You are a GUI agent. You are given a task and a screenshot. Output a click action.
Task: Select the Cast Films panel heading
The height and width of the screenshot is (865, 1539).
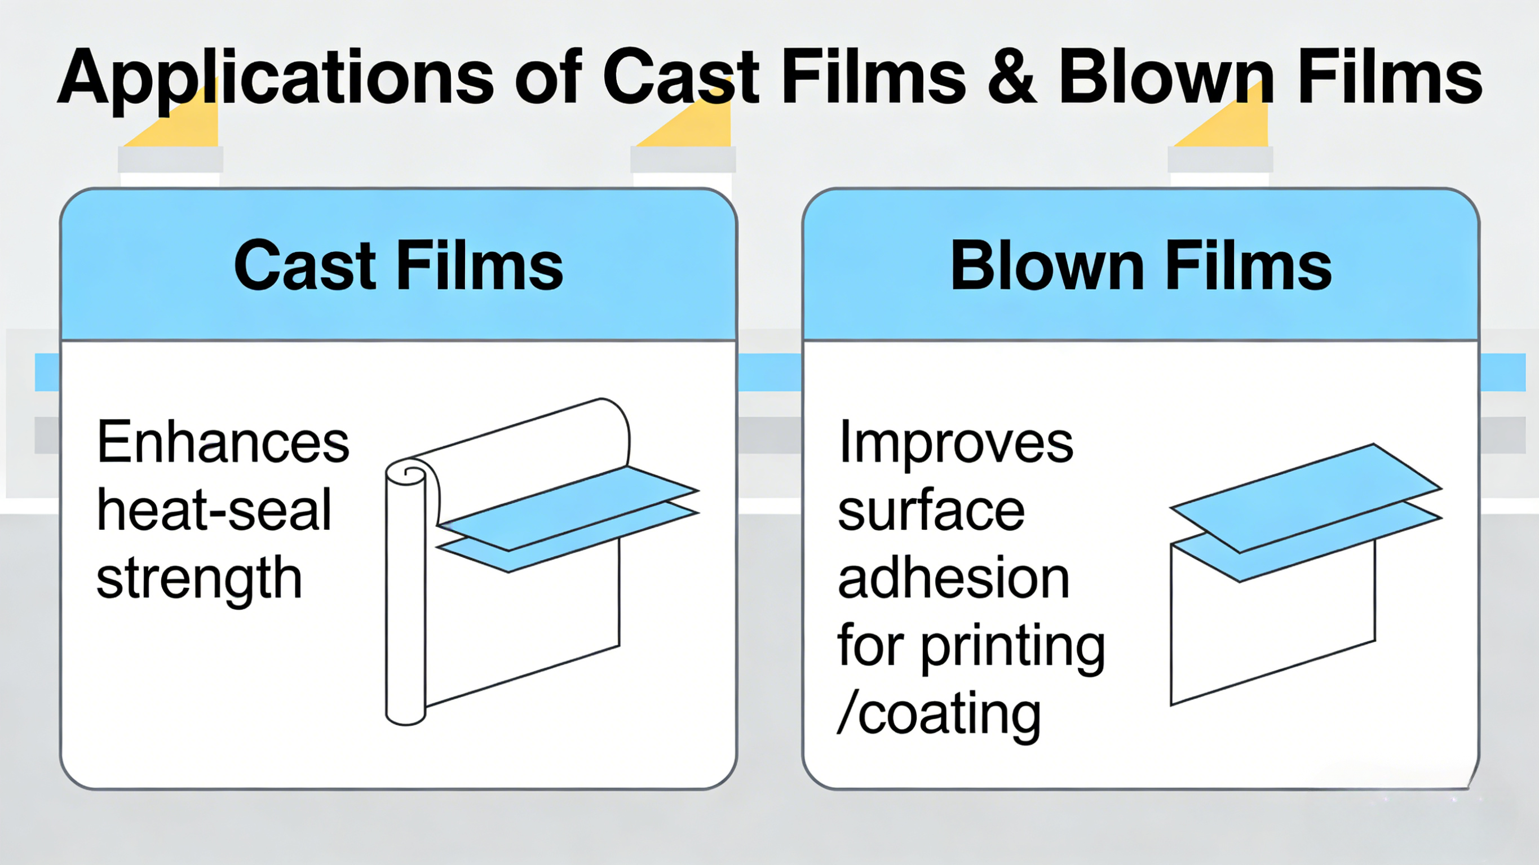pos(399,265)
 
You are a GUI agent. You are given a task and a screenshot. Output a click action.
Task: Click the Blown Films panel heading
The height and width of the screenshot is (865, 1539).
pos(1141,265)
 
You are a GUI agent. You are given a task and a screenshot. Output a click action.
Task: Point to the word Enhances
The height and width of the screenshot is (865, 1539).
pos(223,441)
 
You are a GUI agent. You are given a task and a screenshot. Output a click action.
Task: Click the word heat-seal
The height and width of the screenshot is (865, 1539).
pos(214,509)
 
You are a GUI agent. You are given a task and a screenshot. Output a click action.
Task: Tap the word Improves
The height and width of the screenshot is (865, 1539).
pos(956,445)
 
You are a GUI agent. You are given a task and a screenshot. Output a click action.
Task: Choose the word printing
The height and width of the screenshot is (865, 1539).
pos(1012,647)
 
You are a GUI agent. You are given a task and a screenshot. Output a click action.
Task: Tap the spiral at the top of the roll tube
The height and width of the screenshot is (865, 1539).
pos(411,473)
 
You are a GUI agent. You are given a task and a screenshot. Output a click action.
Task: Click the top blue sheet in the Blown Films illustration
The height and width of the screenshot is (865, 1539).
pos(1306,498)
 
